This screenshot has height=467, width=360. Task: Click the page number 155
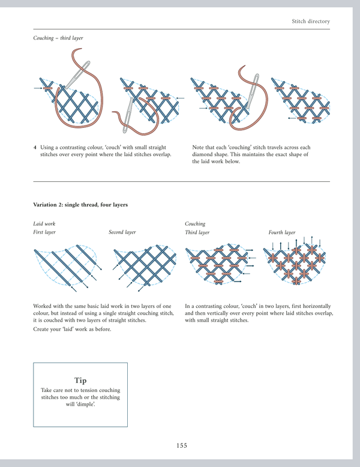[182, 445]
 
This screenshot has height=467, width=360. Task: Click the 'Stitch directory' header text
[310, 22]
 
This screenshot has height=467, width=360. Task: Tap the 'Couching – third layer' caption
[58, 38]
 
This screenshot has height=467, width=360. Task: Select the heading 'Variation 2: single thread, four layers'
[80, 205]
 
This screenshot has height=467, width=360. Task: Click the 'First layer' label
[44, 232]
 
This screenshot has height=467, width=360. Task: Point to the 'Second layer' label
[122, 232]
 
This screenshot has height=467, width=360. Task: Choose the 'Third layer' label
[197, 232]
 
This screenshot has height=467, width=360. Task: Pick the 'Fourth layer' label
[282, 232]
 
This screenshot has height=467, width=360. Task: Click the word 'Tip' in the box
[80, 381]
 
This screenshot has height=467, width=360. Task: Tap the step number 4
[35, 148]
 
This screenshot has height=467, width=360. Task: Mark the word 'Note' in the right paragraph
[198, 148]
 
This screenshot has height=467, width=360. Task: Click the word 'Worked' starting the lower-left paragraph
[43, 306]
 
